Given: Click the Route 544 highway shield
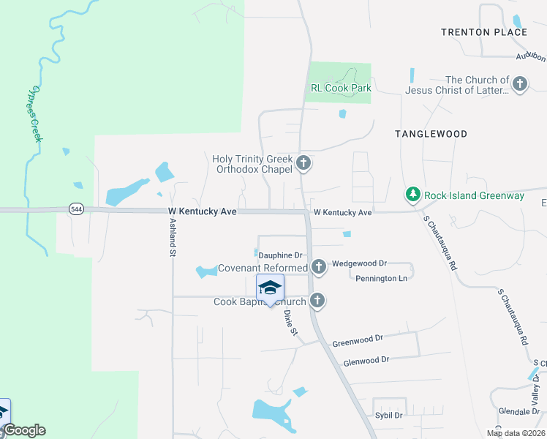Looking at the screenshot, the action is point(76,209).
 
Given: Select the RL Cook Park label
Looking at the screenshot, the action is point(341,89).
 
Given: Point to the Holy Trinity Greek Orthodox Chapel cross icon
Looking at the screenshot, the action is point(303,164).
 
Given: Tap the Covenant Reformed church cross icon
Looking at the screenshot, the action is point(318,267).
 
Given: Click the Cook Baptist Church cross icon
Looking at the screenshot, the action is point(317,300).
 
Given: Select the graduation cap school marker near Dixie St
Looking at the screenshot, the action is point(270,288).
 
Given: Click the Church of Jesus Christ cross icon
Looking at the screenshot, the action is point(520,84).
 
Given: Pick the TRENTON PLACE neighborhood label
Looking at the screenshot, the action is point(484,32).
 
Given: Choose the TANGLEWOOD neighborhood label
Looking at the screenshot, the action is point(431,134).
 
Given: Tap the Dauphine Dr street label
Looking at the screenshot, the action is point(280,255).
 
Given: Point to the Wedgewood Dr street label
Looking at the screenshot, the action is point(359,263).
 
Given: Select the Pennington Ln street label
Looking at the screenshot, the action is point(382,279).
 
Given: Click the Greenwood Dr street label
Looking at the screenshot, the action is point(358,340).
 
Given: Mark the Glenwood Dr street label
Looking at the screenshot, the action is point(366,360).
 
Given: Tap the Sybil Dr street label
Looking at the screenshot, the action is point(388,415).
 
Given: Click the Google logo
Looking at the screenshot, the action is point(25,430).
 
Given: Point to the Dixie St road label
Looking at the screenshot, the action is point(291,322).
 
